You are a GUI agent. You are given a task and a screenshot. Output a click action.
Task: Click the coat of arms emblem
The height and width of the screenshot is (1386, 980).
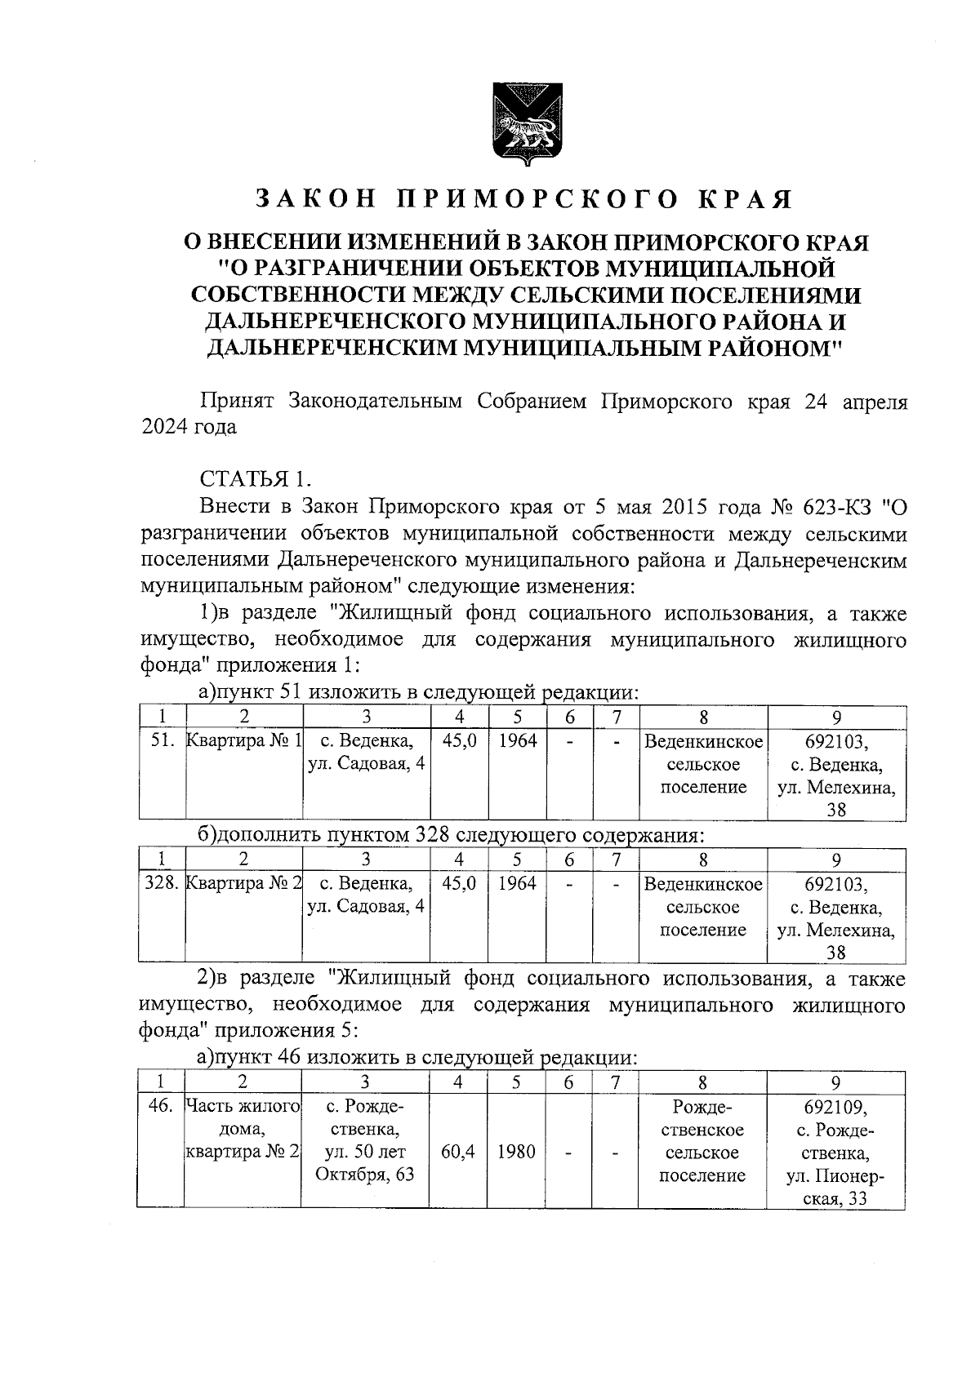click(x=523, y=122)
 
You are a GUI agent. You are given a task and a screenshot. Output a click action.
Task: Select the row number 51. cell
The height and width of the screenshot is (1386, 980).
click(x=163, y=741)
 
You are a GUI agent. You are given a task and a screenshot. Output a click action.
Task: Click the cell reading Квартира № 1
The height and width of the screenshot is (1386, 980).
click(x=244, y=741)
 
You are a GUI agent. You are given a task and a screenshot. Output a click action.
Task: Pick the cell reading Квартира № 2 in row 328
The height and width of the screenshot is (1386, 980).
click(x=244, y=883)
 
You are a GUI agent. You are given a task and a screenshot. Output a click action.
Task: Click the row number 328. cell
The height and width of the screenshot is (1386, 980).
click(x=162, y=883)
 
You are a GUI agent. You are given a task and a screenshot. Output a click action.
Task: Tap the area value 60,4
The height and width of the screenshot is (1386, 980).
click(x=458, y=1153)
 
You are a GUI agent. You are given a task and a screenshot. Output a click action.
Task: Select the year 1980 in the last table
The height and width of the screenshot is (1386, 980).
click(x=516, y=1153)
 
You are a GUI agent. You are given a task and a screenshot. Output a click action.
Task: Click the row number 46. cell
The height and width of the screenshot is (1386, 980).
click(x=160, y=1108)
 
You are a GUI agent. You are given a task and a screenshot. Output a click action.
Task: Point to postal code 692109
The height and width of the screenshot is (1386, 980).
click(x=835, y=1108)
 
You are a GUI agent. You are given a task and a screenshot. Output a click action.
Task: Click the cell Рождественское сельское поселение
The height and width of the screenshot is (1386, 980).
click(x=702, y=1141)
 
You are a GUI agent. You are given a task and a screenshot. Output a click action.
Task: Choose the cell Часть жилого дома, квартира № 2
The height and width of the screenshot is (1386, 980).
click(x=243, y=1130)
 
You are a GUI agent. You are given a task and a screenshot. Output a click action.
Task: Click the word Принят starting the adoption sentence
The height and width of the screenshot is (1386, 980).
click(x=237, y=402)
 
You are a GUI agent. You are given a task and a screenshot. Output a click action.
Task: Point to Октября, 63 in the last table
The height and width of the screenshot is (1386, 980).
click(x=365, y=1175)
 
